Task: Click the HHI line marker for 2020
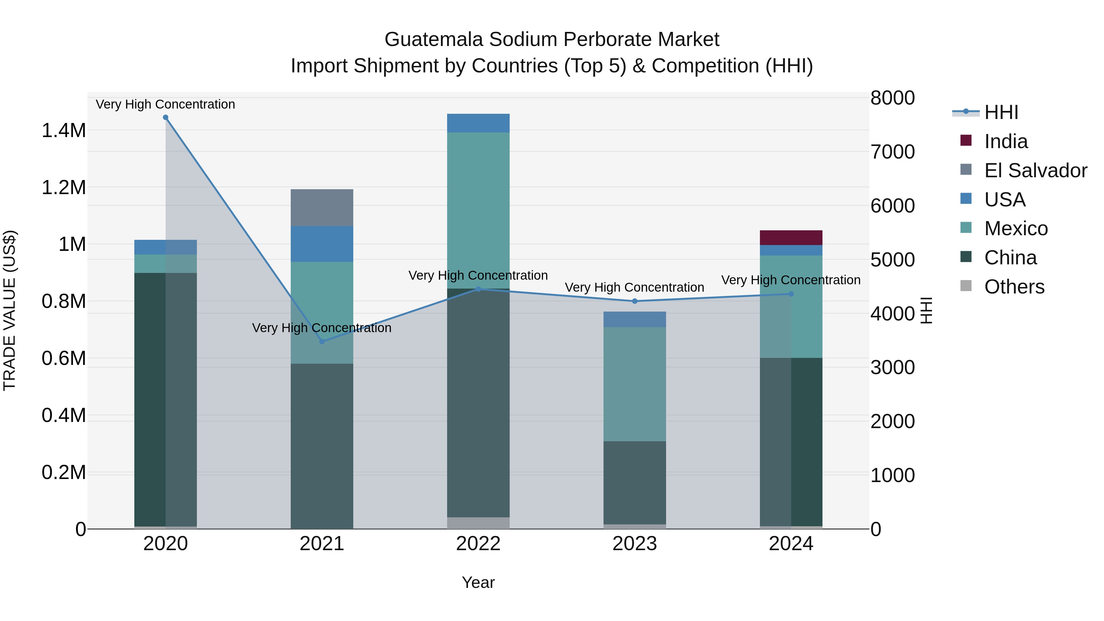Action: pyautogui.click(x=165, y=117)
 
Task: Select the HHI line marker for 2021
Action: pyautogui.click(x=322, y=342)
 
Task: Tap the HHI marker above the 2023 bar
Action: pyautogui.click(x=635, y=301)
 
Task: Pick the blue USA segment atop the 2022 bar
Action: pyautogui.click(x=478, y=123)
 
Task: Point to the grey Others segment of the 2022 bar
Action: pyautogui.click(x=478, y=523)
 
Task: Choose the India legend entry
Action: pyautogui.click(x=1006, y=141)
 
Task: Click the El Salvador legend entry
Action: pyautogui.click(x=1035, y=171)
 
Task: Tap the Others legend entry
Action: pyautogui.click(x=1014, y=287)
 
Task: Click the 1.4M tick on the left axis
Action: pyautogui.click(x=63, y=130)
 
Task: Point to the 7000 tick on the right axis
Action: pyautogui.click(x=892, y=152)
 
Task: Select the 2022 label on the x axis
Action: pyautogui.click(x=478, y=544)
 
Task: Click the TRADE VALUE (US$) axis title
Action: pyautogui.click(x=10, y=310)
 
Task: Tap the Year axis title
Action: pyautogui.click(x=478, y=582)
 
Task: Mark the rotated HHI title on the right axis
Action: pyautogui.click(x=926, y=310)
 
